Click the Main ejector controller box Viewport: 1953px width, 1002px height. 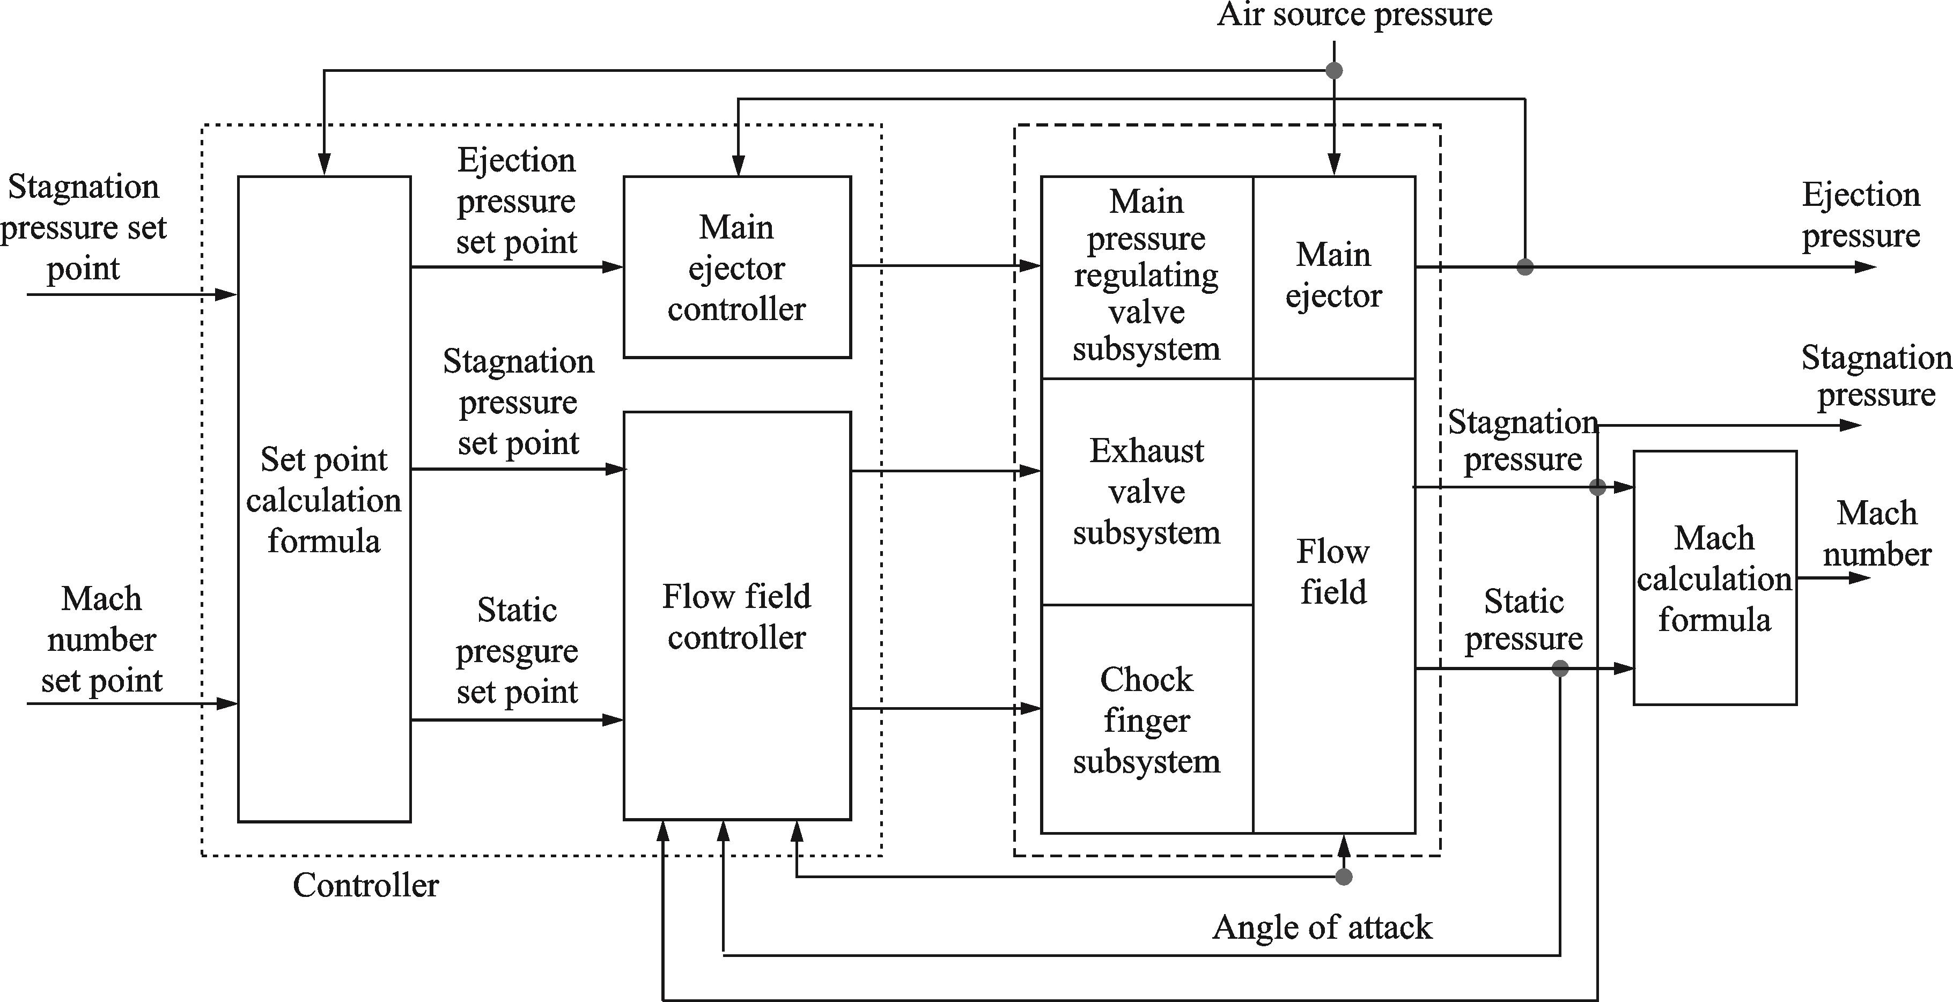tap(737, 267)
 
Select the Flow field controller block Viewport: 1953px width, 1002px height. tap(737, 615)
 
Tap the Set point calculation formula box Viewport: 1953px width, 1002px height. tap(325, 500)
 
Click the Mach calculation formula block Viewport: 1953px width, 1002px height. tap(1714, 578)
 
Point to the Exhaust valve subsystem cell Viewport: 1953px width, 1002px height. tap(1146, 491)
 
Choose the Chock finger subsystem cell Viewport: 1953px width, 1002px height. tap(1146, 720)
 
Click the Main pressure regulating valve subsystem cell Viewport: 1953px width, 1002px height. tap(1146, 276)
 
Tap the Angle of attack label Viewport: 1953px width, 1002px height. tap(1322, 927)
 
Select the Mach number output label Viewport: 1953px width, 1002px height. tap(1876, 533)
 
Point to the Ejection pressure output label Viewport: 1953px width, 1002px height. tap(1861, 216)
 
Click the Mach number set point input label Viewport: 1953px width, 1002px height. tap(101, 640)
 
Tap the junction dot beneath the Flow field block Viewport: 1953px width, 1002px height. tap(1344, 877)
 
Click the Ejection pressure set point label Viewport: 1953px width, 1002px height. tap(517, 202)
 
